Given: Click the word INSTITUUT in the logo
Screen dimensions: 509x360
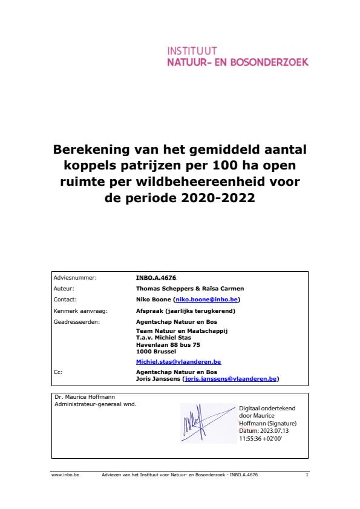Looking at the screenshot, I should (x=192, y=51).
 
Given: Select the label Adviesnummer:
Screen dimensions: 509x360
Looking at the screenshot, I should (x=75, y=277).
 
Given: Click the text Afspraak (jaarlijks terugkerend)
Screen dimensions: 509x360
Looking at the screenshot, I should (x=185, y=310).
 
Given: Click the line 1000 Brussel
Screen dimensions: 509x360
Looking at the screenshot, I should (x=156, y=350).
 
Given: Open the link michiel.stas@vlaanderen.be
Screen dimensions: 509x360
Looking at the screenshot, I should (x=178, y=362).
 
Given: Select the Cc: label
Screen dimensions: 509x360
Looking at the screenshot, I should (x=58, y=372).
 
